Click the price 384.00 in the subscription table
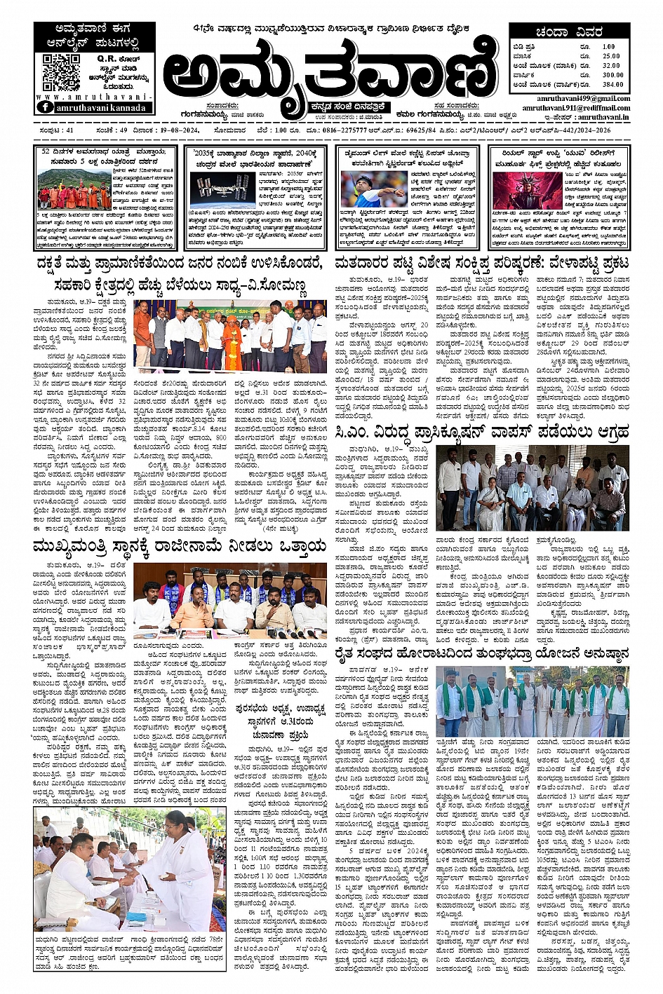click(612, 84)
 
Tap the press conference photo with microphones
click(230, 598)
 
